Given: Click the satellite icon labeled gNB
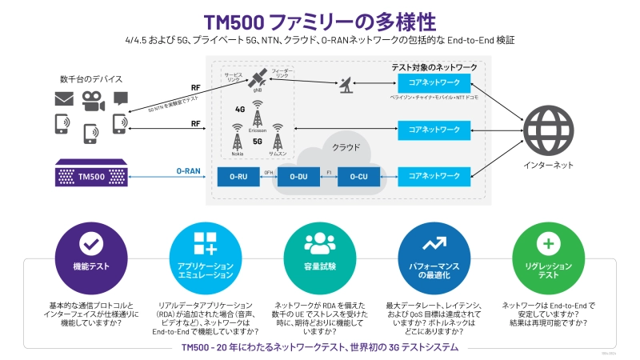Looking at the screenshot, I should pos(258,78).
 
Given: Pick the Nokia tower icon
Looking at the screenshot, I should pos(237,134).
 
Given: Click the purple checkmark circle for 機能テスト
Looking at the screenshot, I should pos(90,244).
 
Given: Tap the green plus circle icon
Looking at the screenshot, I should pos(548,244).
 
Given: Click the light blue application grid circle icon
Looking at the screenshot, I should pos(206,244).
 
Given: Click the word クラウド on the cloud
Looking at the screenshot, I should pos(346,147).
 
